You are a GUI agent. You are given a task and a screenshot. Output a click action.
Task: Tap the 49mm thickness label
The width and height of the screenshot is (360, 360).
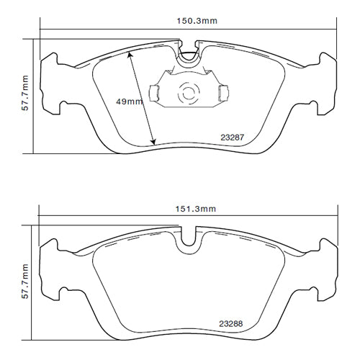pos(130,102)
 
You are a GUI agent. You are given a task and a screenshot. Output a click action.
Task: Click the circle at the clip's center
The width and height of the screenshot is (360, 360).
pos(188,93)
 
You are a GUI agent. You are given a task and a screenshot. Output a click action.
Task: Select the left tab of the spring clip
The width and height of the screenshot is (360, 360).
pos(153,92)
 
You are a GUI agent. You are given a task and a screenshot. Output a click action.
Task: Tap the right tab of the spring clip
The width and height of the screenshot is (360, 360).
pos(223,92)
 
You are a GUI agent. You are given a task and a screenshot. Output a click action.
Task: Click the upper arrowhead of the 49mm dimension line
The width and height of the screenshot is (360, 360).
pos(131,53)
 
